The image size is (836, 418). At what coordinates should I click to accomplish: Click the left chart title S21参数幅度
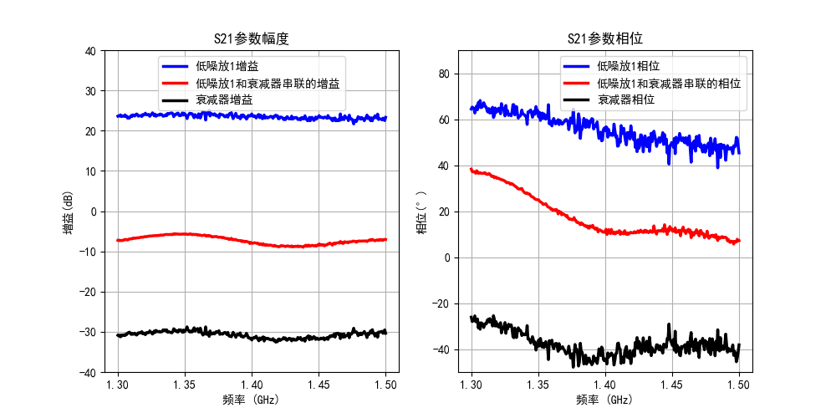tap(252, 38)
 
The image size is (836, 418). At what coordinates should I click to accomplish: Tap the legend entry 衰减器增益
tap(224, 99)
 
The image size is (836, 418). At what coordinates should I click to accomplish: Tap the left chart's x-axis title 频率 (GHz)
tap(252, 400)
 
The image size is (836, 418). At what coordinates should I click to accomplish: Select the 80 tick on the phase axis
tap(444, 74)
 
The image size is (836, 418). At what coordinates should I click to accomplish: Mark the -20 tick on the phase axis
tap(441, 303)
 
